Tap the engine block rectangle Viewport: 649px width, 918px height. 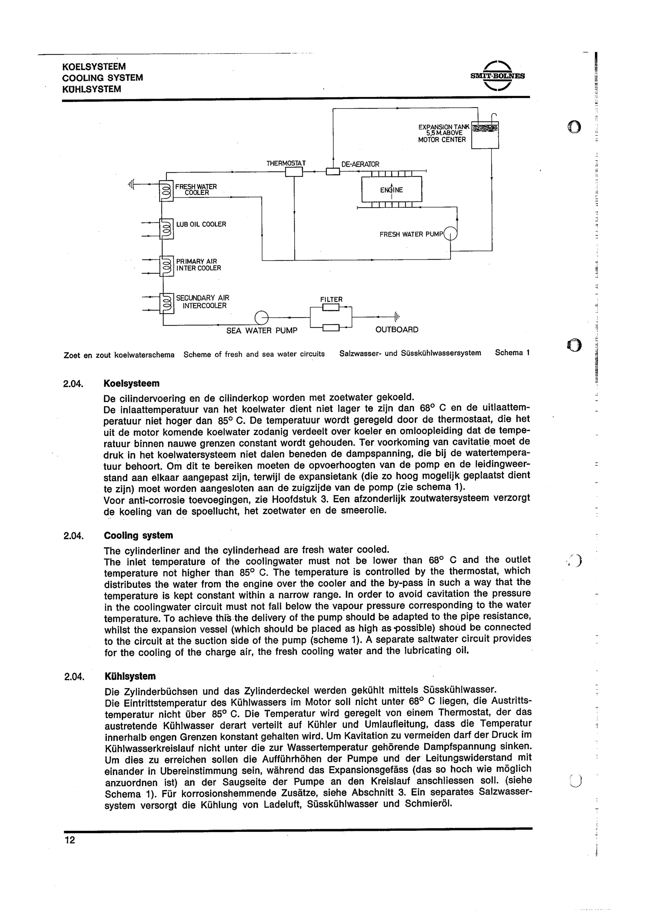(x=391, y=189)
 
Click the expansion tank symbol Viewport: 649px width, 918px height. (x=485, y=135)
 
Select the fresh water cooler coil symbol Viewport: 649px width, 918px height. (x=166, y=191)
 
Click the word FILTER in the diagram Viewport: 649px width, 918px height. (x=331, y=299)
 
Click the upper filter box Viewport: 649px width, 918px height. (x=331, y=307)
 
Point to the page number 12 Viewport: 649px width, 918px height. (x=70, y=840)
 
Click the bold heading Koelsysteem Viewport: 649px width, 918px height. (x=131, y=383)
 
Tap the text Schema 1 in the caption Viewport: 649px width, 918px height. (x=512, y=353)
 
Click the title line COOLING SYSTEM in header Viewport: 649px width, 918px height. (x=102, y=78)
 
